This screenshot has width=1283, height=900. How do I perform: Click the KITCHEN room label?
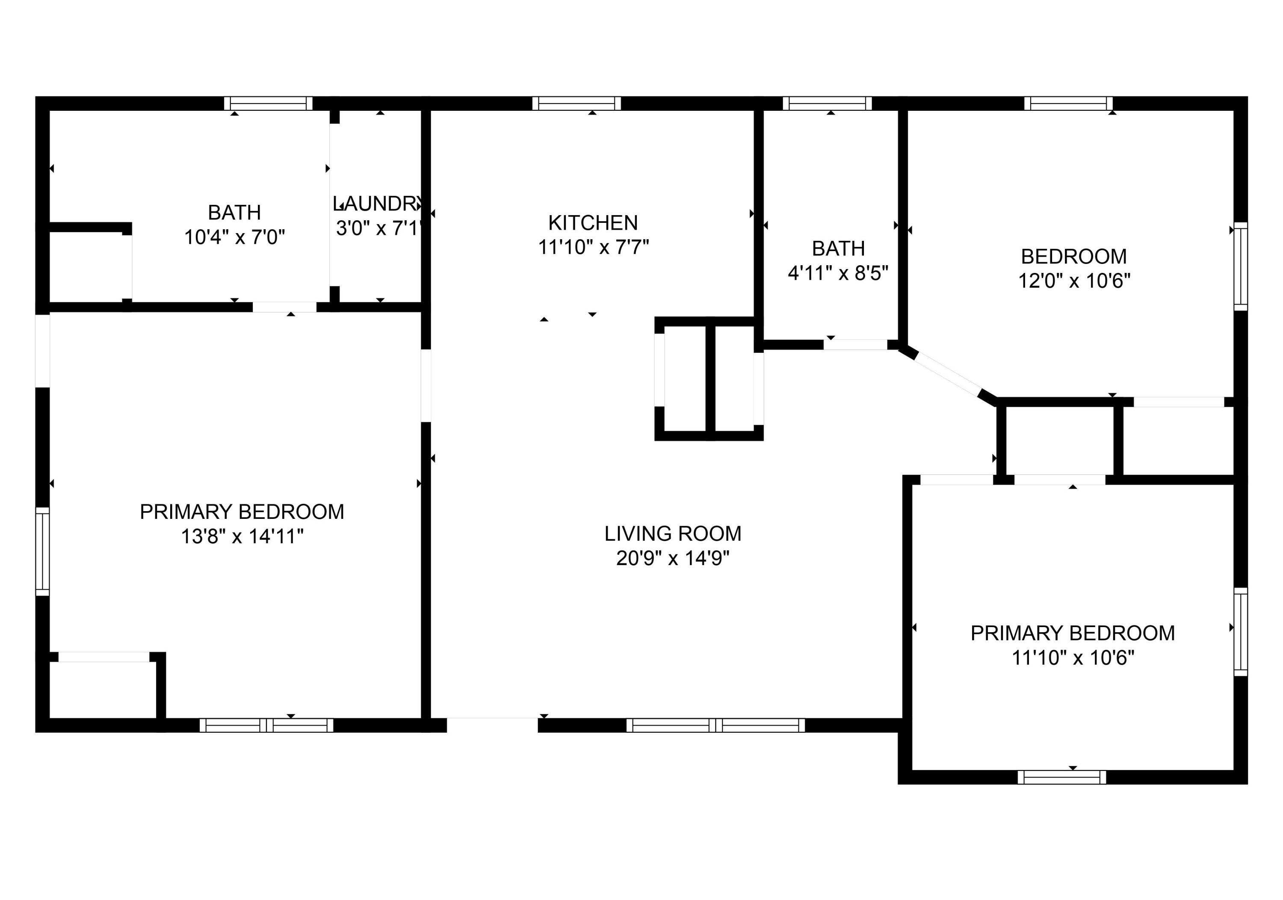[x=592, y=222]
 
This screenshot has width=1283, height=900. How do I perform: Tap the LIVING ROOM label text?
[x=672, y=533]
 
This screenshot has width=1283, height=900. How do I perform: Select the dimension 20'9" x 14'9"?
[x=672, y=558]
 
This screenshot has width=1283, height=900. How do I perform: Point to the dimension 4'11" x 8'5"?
[x=838, y=273]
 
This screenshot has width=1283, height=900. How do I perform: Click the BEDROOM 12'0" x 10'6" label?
[x=1073, y=256]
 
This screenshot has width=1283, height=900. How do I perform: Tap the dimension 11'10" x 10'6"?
[x=1073, y=657]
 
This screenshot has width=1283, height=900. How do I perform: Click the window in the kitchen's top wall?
[x=576, y=104]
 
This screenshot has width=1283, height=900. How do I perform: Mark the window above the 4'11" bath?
[x=827, y=104]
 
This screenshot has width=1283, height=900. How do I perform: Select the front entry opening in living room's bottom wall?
[x=492, y=725]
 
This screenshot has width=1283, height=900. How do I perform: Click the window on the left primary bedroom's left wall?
[x=42, y=551]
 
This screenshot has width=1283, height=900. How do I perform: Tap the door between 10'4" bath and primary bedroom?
[x=284, y=307]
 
